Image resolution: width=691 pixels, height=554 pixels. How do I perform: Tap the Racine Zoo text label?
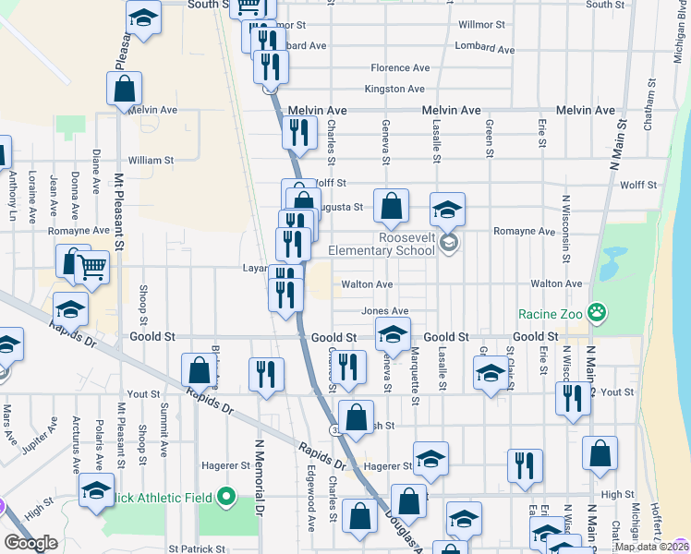(552, 313)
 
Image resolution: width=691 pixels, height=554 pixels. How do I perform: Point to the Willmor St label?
(481, 24)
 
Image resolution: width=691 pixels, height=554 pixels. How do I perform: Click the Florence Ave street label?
(400, 68)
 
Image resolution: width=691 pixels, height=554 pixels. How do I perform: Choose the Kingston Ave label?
(394, 90)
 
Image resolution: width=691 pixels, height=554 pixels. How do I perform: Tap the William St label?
(152, 161)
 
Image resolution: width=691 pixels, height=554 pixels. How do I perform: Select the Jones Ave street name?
(384, 312)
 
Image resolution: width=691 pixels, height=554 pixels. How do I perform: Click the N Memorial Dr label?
(260, 476)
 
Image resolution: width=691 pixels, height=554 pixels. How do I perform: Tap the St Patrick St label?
(197, 549)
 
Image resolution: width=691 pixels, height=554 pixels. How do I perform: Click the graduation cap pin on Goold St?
(393, 336)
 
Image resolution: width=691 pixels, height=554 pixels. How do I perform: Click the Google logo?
(30, 544)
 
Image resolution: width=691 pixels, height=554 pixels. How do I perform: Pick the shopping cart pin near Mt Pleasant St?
(91, 269)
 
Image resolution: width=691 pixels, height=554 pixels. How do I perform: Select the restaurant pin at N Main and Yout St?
(573, 397)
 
